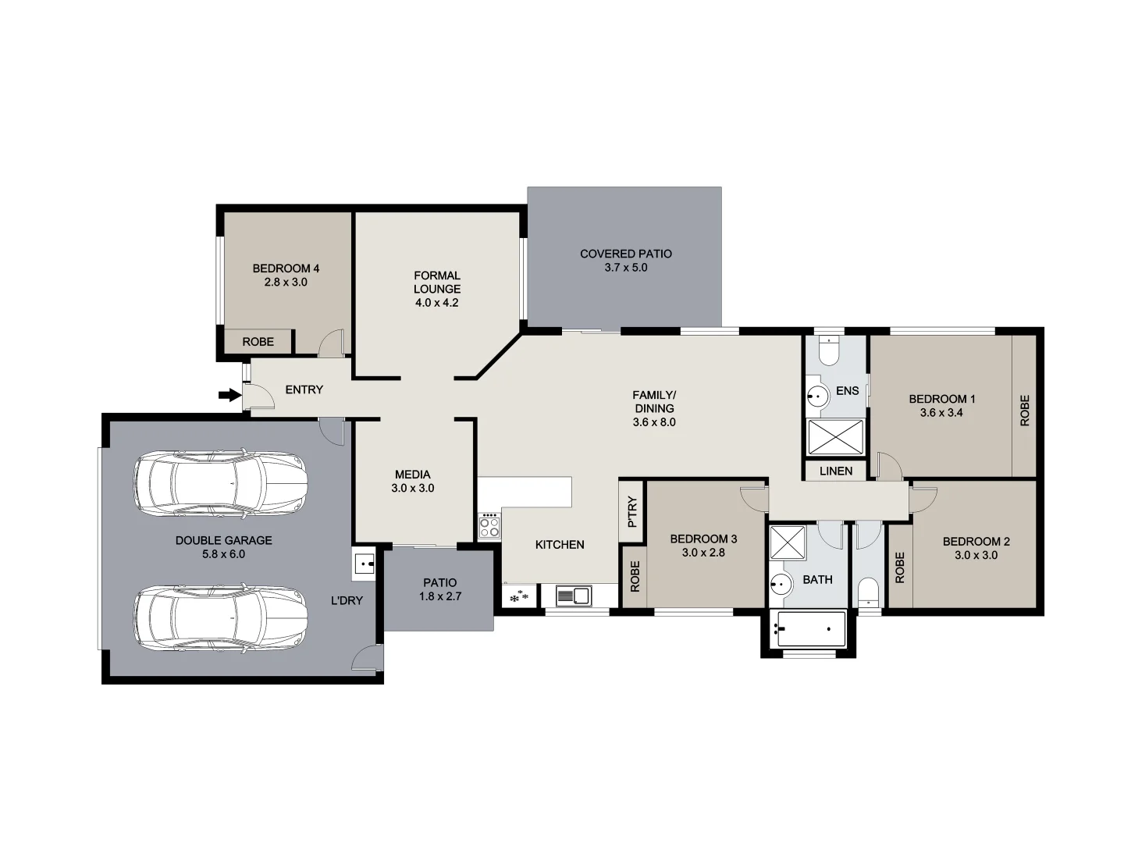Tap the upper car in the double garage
[x=220, y=484]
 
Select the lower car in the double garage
[x=220, y=617]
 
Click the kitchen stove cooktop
[x=489, y=525]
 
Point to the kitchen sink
[x=574, y=596]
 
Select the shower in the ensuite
[x=836, y=437]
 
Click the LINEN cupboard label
[x=836, y=471]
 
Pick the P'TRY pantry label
[x=632, y=512]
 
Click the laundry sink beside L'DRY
[x=364, y=564]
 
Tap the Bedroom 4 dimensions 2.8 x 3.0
[x=286, y=283]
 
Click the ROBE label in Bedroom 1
[x=1024, y=411]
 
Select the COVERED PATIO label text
[x=625, y=254]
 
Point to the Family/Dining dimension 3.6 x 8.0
[x=654, y=422]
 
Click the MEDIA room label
[x=412, y=475]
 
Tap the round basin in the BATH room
[x=781, y=583]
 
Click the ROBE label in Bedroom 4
[x=258, y=342]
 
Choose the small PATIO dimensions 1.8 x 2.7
[x=439, y=596]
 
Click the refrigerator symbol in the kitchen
[x=518, y=596]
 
